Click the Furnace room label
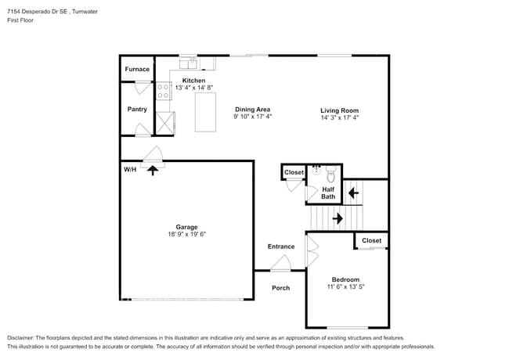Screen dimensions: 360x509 tap(137, 70)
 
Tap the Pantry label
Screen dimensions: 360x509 tap(137, 110)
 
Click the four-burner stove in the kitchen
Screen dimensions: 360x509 tap(164, 92)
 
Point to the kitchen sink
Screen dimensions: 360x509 tap(189, 63)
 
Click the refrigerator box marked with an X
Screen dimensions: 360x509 tap(165, 124)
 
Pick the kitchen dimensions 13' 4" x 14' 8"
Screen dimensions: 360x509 tap(194, 88)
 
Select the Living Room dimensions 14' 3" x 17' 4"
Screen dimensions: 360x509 tap(339, 118)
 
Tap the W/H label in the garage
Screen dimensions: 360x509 tap(130, 169)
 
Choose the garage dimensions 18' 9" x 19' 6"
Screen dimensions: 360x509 tap(186, 234)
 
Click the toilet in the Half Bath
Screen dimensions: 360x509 tap(330, 172)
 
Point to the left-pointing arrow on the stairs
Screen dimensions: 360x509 tap(353, 192)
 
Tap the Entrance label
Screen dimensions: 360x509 tap(281, 247)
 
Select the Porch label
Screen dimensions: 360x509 tap(280, 288)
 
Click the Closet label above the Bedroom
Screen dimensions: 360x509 tap(371, 241)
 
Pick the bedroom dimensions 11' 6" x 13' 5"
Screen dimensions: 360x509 tap(345, 287)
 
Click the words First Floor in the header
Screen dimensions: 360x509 tap(23, 21)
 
